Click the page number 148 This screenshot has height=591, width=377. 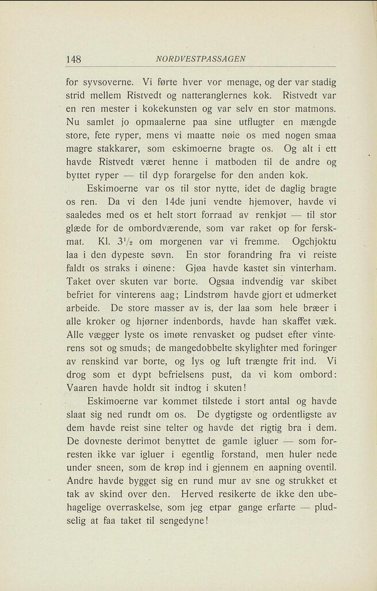[74, 59]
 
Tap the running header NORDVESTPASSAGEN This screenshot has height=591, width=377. [201, 59]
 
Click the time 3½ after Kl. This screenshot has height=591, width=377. [125, 243]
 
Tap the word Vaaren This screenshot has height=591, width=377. [84, 387]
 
